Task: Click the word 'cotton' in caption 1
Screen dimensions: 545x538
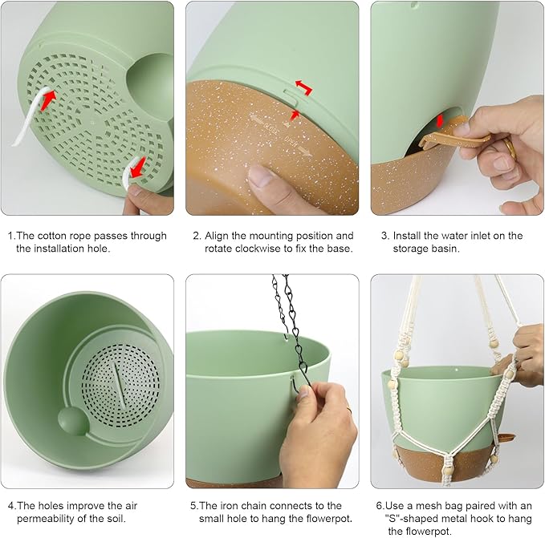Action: [52, 236]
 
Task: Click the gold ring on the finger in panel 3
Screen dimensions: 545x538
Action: [510, 148]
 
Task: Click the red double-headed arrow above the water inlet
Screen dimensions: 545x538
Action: [440, 121]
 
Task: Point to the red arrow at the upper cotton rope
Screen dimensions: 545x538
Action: [48, 100]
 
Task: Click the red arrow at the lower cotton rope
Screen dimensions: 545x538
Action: [137, 168]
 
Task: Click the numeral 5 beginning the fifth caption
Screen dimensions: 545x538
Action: [193, 506]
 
